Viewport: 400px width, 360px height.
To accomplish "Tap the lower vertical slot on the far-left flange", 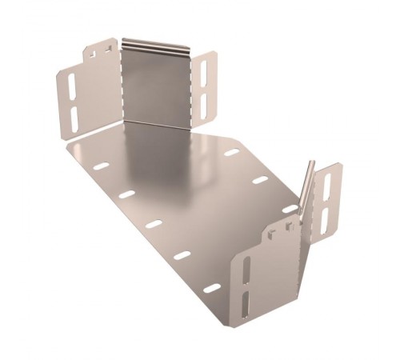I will (74, 118).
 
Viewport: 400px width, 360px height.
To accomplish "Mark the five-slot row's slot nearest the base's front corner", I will (212, 286).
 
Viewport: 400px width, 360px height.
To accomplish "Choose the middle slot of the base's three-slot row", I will (260, 180).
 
